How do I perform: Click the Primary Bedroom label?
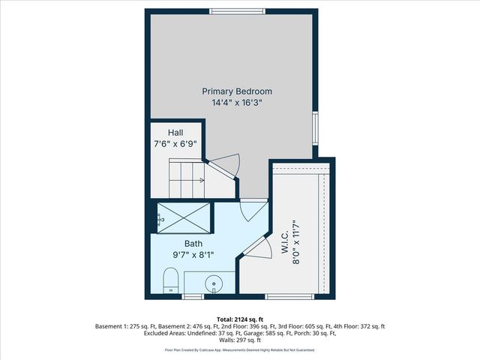point(236,91)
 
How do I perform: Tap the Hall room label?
point(175,133)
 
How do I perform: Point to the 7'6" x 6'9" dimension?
point(175,144)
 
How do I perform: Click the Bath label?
point(193,244)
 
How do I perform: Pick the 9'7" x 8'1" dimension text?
point(193,255)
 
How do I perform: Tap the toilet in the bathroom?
point(170,282)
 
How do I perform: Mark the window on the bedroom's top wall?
point(236,10)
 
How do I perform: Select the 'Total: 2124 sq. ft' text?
point(239,318)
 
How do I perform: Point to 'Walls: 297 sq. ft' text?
point(240,341)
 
